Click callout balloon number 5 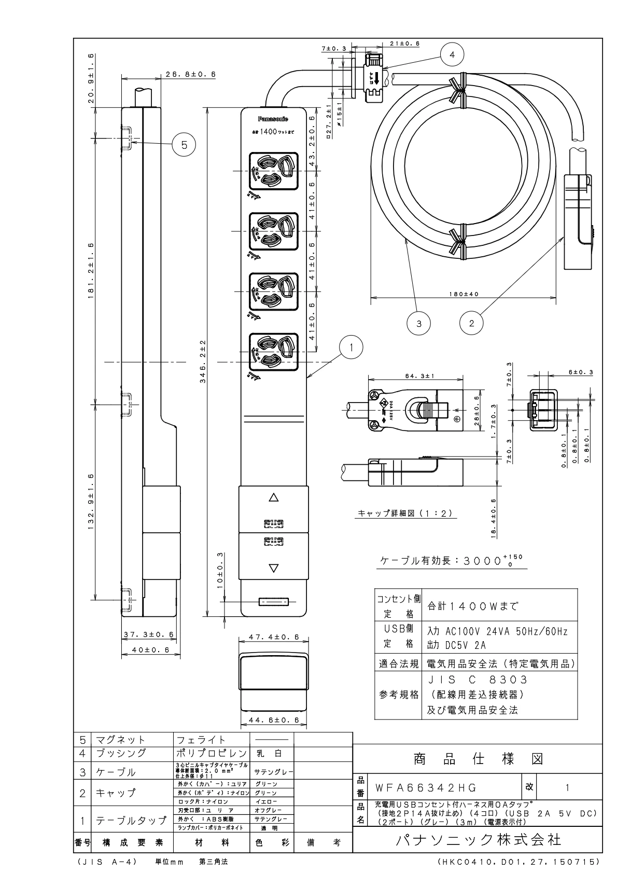[184, 144]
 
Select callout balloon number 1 [351, 347]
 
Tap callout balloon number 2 [471, 323]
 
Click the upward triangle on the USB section [274, 497]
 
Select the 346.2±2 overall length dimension [203, 361]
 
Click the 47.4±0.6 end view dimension [273, 636]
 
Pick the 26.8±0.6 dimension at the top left [190, 74]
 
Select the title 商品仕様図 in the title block [478, 759]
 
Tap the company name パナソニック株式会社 [478, 839]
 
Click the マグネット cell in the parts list [120, 740]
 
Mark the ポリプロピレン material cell [212, 753]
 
